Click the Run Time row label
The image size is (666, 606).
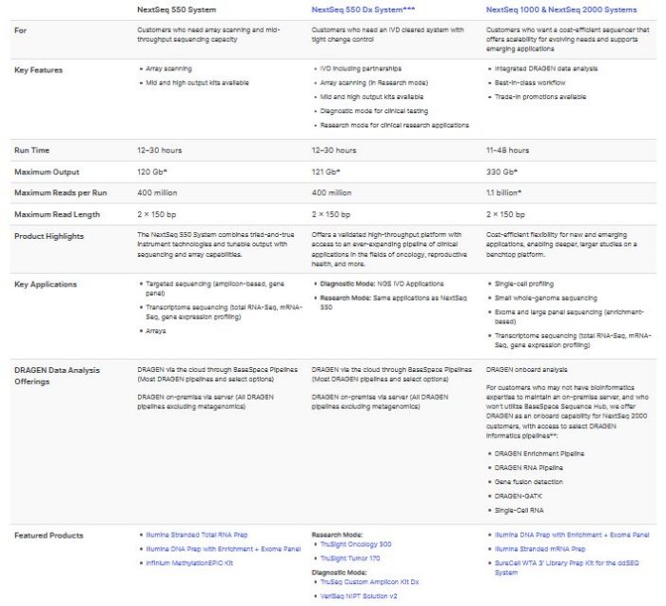tap(32, 150)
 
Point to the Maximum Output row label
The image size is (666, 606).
tap(45, 171)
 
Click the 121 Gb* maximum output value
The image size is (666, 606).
tap(325, 171)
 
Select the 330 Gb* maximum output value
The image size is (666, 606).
tap(499, 171)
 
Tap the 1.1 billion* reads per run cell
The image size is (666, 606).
tap(504, 193)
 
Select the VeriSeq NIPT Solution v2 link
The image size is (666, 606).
tap(358, 596)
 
